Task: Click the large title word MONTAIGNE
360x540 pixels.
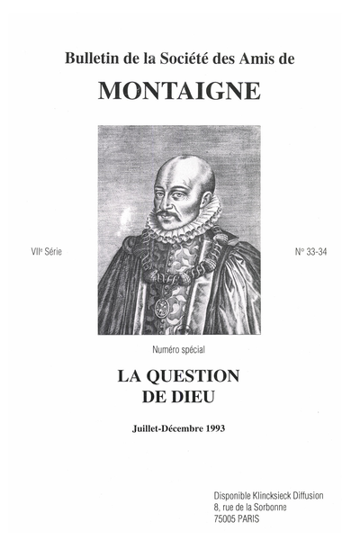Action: (180, 91)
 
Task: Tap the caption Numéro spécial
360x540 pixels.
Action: (180, 348)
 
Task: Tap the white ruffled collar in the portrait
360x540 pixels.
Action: (184, 222)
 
